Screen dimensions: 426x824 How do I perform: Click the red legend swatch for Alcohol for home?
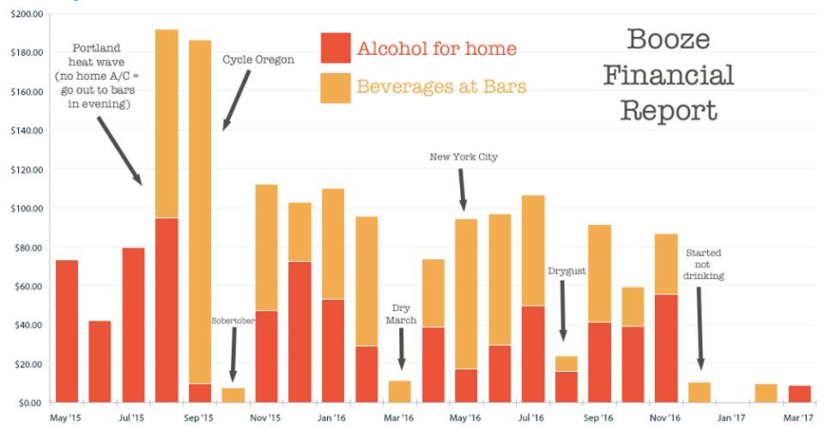click(x=336, y=48)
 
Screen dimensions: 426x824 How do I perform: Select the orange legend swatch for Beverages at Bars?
click(x=336, y=88)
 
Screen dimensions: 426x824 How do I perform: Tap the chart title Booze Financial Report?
click(x=668, y=75)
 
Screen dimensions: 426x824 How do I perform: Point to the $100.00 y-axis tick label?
click(x=25, y=209)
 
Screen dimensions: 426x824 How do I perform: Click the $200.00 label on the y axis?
click(x=25, y=15)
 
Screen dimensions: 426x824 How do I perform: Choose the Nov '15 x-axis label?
click(x=266, y=418)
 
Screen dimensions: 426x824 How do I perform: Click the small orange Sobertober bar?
click(x=233, y=395)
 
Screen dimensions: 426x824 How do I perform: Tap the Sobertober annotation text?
click(x=233, y=320)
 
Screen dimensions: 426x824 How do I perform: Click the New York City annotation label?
click(x=463, y=157)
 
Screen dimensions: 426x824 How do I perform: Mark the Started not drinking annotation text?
click(x=704, y=264)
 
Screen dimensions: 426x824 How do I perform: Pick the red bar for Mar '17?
click(x=800, y=394)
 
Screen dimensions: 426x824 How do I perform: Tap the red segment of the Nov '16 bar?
click(x=666, y=348)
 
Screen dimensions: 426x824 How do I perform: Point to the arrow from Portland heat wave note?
click(x=119, y=150)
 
